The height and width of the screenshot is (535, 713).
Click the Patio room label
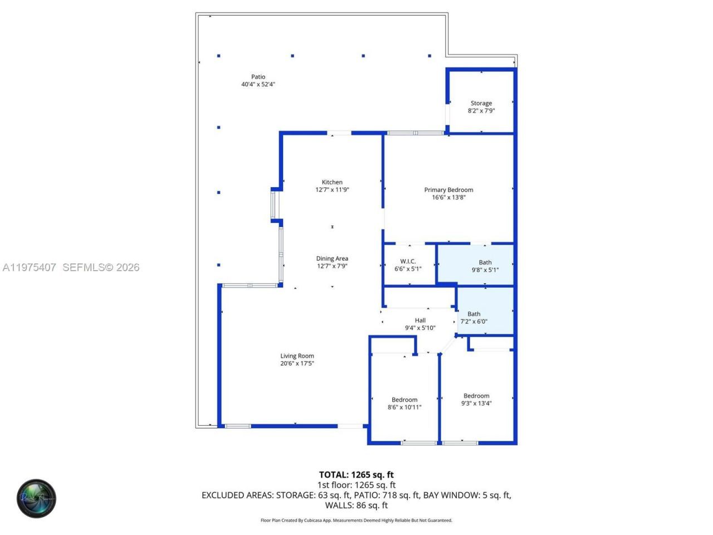[x=258, y=77]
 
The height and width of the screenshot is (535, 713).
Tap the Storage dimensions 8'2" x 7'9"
[x=481, y=111]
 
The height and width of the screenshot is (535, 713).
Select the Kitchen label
[x=332, y=182]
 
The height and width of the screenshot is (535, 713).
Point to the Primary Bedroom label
[x=448, y=189]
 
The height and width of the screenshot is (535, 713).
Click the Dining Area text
[x=332, y=259]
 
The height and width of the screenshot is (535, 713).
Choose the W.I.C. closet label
[x=408, y=261]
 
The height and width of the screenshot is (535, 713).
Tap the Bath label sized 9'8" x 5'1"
[x=485, y=262]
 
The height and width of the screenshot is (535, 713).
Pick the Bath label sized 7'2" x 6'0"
[x=473, y=314]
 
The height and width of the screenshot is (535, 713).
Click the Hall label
[x=420, y=320]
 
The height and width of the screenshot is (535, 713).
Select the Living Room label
[x=297, y=356]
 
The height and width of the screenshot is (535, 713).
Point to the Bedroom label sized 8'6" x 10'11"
[x=404, y=400]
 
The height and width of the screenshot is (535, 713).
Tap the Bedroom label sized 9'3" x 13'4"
[x=476, y=396]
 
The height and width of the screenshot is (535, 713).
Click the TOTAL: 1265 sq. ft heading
[x=356, y=475]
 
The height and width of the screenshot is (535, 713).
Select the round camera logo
[x=36, y=498]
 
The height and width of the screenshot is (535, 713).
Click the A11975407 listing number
[x=29, y=267]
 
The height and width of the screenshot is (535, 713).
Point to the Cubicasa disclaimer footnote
[x=356, y=521]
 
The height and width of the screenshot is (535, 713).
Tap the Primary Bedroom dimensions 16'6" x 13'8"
[x=448, y=197]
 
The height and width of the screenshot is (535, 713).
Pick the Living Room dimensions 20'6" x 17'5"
[x=297, y=364]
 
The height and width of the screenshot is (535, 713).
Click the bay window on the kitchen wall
[x=274, y=206]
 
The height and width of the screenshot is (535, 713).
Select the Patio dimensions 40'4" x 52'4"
[x=258, y=85]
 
